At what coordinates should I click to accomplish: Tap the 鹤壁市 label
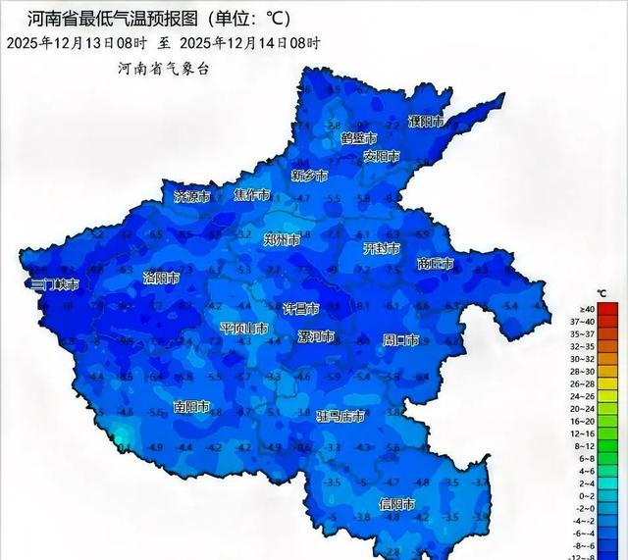point(358,138)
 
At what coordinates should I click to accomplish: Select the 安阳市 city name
point(381,156)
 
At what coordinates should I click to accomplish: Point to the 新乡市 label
point(310,176)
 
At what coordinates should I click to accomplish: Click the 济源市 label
point(192,196)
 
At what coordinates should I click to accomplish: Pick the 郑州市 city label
point(283,238)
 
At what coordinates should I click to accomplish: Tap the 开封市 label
point(382,249)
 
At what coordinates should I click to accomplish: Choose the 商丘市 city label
point(436,264)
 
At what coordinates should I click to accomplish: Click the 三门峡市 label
point(53,284)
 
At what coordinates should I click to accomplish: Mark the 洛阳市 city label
point(161,279)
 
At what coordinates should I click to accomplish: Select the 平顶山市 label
point(243,328)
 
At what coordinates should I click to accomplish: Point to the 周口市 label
point(400,340)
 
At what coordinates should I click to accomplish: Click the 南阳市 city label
point(191,406)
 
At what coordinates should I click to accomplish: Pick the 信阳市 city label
point(396,504)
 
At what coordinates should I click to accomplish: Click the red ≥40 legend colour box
point(608,309)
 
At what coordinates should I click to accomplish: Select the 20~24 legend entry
point(608,408)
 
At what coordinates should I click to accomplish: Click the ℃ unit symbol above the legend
point(602,293)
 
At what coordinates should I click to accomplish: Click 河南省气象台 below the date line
point(163,68)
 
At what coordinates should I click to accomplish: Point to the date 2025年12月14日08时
point(252,43)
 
